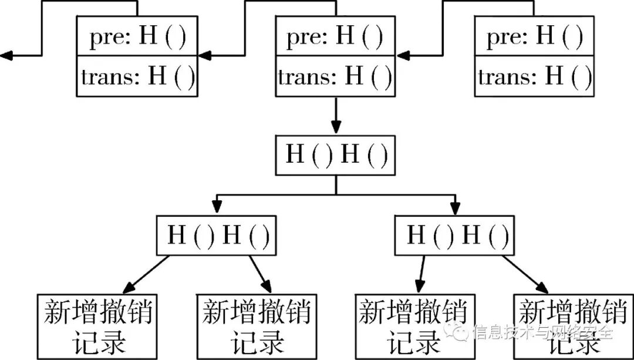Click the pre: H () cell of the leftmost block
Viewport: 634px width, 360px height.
pyautogui.click(x=136, y=38)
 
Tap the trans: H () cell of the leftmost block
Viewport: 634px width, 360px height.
pyautogui.click(x=136, y=76)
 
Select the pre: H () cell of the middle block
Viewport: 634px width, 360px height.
pyautogui.click(x=335, y=38)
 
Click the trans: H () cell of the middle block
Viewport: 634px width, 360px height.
pyautogui.click(x=335, y=76)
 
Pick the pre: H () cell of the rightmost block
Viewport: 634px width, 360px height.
pyautogui.click(x=534, y=38)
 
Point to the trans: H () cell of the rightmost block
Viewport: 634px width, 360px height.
pyautogui.click(x=534, y=76)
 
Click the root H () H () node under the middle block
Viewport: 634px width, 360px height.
pyautogui.click(x=335, y=156)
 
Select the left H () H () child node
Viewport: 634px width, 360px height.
pyautogui.click(x=216, y=235)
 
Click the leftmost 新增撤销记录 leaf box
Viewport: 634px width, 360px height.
pyautogui.click(x=97, y=327)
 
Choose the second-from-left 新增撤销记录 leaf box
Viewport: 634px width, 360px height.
pyautogui.click(x=256, y=327)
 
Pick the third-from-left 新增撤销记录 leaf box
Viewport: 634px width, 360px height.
pyautogui.click(x=414, y=327)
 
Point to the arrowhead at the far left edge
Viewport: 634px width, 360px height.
pyautogui.click(x=6, y=56)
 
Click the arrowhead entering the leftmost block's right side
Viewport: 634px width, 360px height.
pyautogui.click(x=204, y=56)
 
